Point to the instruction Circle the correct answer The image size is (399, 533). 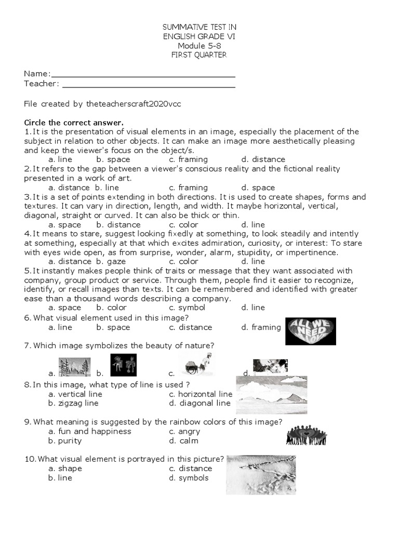[74, 123]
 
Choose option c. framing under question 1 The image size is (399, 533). [188, 159]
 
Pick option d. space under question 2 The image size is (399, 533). [258, 187]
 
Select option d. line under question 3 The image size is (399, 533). [253, 225]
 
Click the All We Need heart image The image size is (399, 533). [311, 332]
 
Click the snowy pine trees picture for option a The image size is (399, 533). [75, 367]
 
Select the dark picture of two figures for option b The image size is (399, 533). [124, 365]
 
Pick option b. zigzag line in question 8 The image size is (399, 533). [73, 403]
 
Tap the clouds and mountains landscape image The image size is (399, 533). [271, 395]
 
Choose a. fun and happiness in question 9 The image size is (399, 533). [89, 431]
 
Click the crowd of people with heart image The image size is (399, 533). [307, 435]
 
